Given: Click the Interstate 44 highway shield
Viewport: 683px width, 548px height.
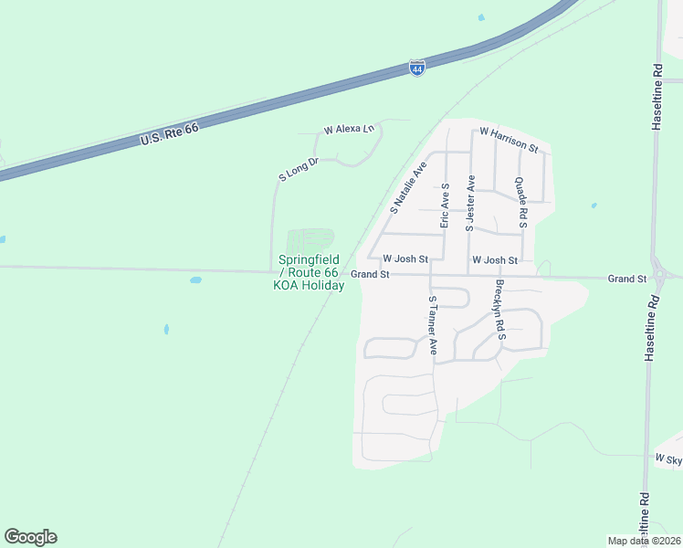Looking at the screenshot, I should click(x=416, y=68).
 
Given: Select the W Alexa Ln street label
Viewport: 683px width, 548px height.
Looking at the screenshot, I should click(x=350, y=130).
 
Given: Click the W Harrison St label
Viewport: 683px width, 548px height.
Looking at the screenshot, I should click(x=509, y=139).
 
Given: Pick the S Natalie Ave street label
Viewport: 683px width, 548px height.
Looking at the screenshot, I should click(x=408, y=187).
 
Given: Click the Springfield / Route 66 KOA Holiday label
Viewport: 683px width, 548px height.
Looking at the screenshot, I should click(x=310, y=273).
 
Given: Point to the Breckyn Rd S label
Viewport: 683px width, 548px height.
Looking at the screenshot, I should click(x=499, y=314).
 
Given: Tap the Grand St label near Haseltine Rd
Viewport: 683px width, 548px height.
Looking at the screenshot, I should click(x=628, y=278).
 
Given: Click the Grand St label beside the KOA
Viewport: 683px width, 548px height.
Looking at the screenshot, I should click(x=371, y=274).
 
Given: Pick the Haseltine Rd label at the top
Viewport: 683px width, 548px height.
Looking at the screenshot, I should click(x=657, y=96).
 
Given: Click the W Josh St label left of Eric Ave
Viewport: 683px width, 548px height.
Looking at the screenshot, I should click(x=405, y=259).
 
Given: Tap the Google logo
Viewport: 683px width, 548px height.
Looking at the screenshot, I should click(x=30, y=537).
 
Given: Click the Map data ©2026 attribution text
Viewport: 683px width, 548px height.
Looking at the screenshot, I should click(x=643, y=541).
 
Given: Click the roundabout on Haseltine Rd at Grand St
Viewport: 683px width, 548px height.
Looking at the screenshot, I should click(x=661, y=273).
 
